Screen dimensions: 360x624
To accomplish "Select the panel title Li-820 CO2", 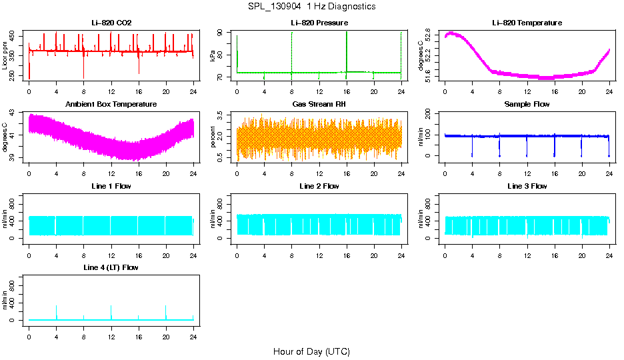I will click(111, 23).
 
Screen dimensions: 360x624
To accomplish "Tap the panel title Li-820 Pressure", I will click(319, 23).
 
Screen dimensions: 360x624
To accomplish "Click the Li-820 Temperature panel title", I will click(527, 23).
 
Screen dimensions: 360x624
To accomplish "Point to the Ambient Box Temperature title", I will click(111, 105).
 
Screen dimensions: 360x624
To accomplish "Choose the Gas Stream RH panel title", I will click(319, 105).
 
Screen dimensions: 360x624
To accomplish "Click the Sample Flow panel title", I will click(527, 105).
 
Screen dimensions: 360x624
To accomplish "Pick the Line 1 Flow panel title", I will click(111, 186).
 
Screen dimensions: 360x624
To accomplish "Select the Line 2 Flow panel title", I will click(319, 186).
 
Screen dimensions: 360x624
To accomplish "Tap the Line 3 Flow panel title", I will click(527, 186).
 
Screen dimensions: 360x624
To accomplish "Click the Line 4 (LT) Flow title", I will click(111, 267).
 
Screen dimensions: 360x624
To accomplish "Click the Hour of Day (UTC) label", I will click(311, 351).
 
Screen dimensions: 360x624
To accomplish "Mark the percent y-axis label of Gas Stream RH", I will click(213, 137).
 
